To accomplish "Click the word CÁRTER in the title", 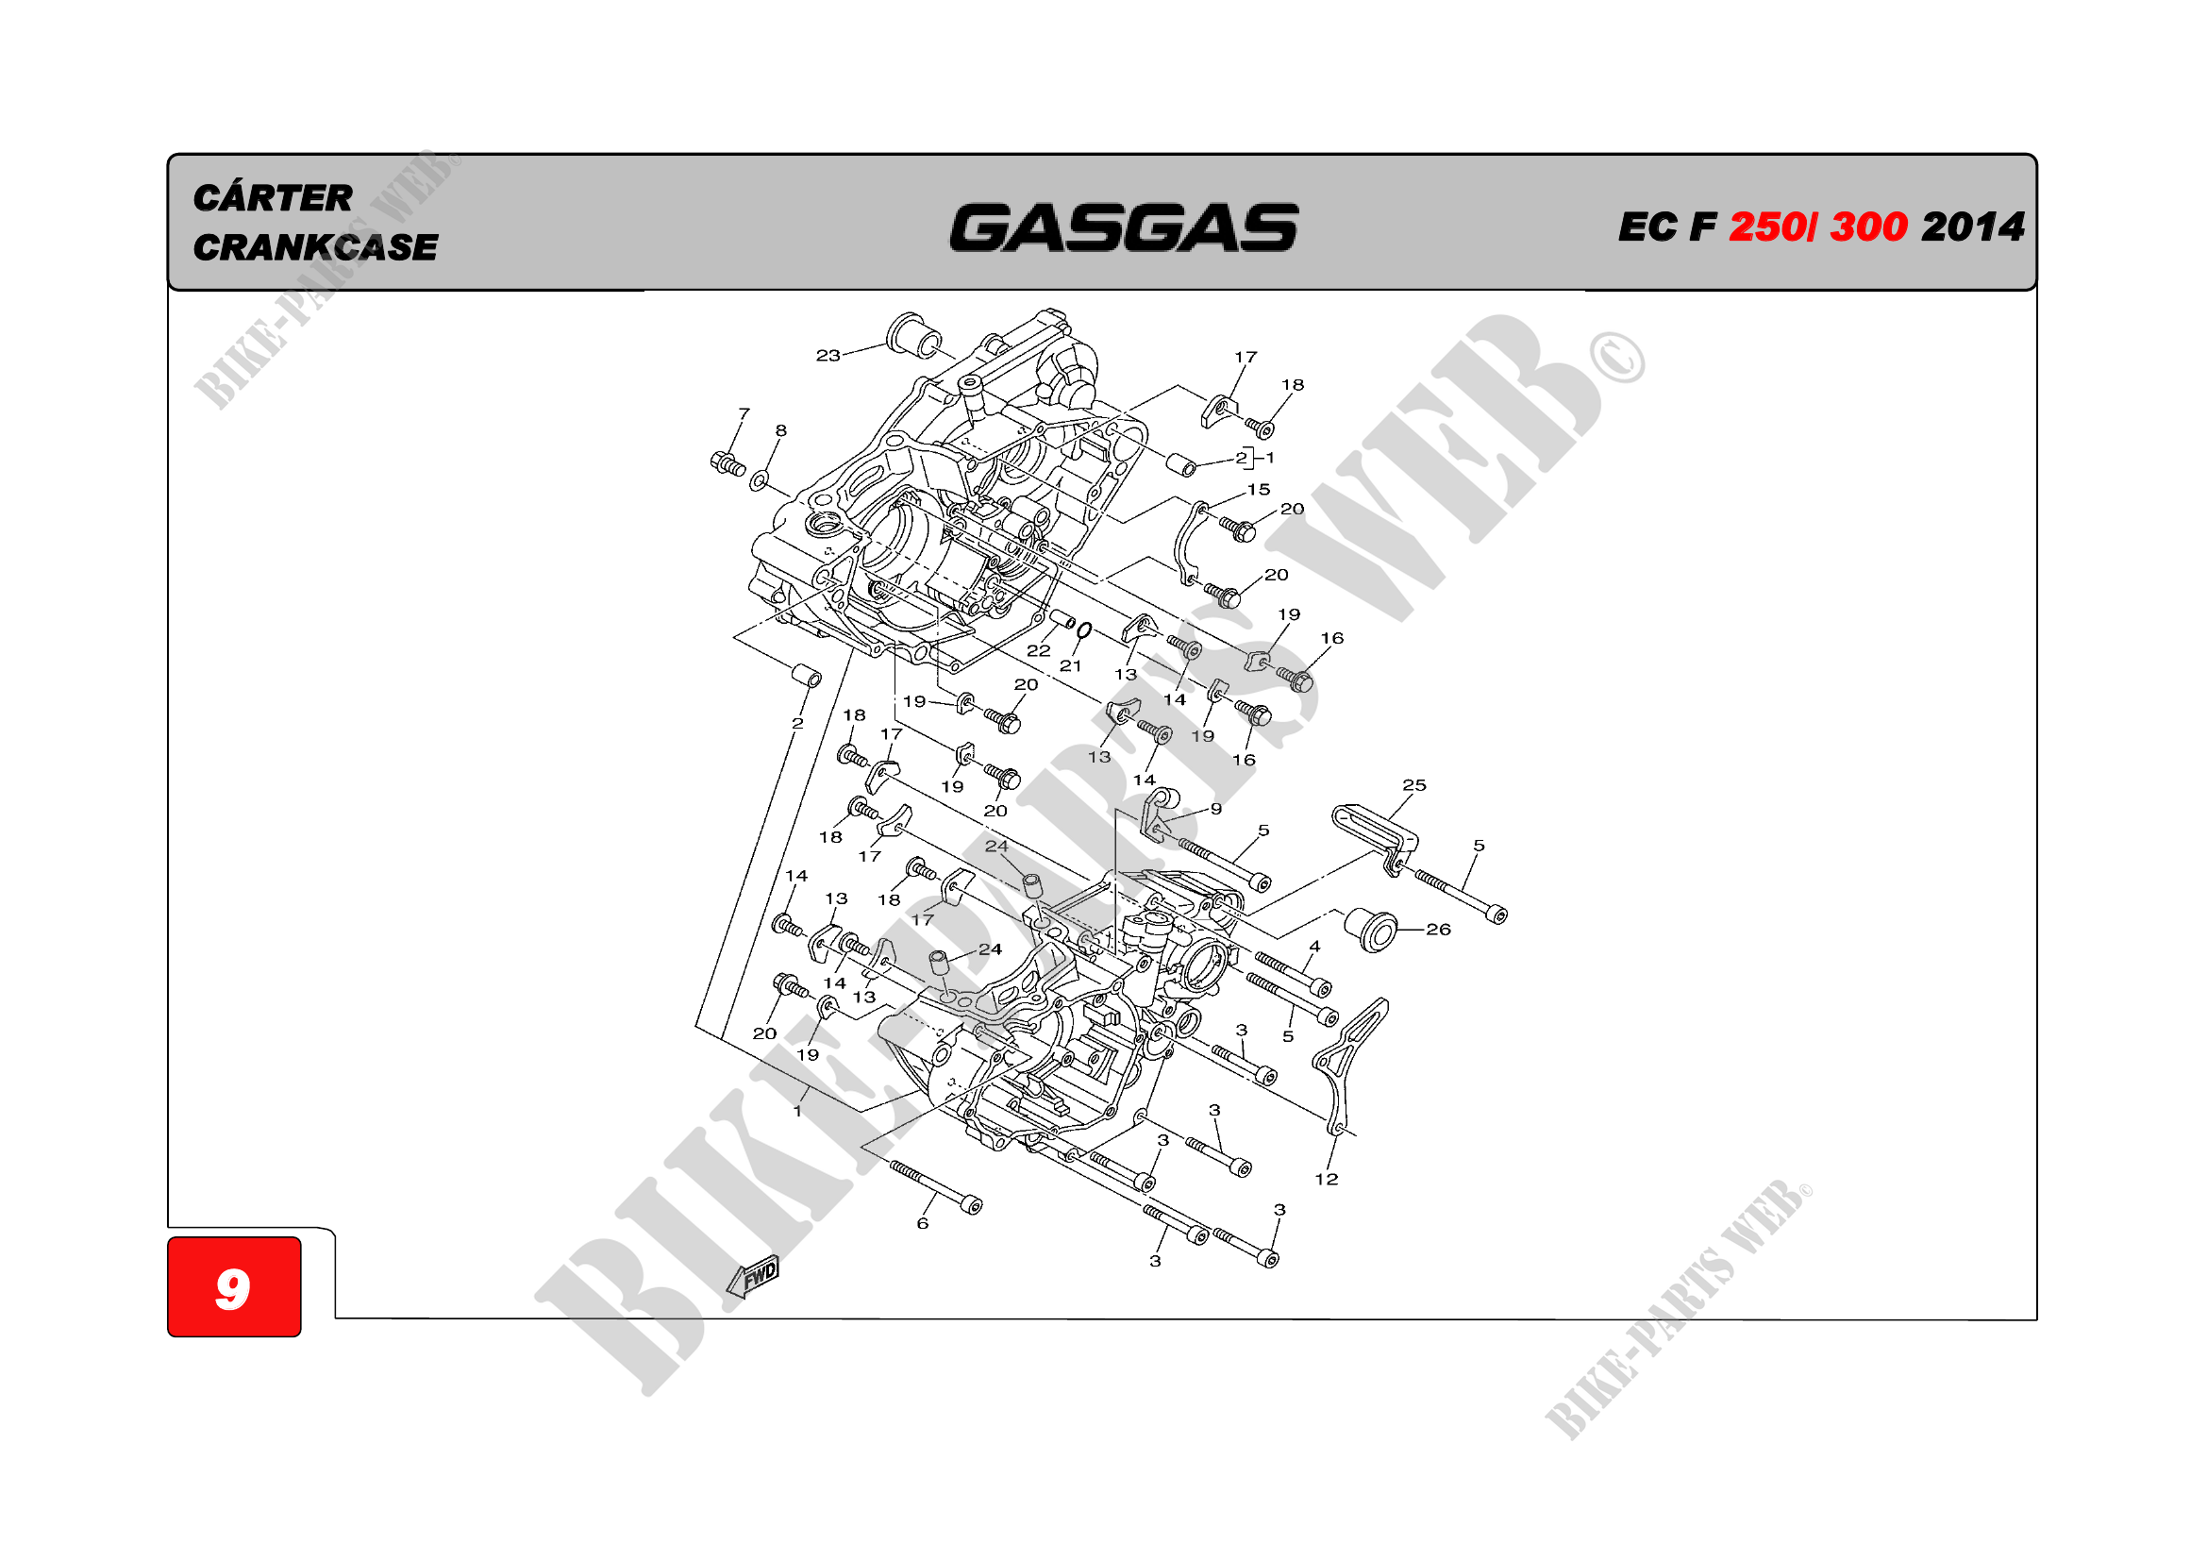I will (x=273, y=199).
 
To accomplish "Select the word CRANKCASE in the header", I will (x=315, y=248).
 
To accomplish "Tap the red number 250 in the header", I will (x=1766, y=227).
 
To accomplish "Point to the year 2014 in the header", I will (x=1972, y=227).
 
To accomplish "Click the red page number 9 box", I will (x=234, y=1286).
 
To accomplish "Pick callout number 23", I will (x=828, y=356).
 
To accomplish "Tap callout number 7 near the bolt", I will (x=743, y=413).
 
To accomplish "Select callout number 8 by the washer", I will (x=780, y=431).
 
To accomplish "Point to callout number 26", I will (x=1438, y=930).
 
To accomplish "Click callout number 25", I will (x=1414, y=785).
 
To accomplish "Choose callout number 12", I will (x=1327, y=1180).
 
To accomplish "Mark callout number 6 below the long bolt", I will (x=923, y=1224).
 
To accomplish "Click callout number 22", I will (x=1038, y=651).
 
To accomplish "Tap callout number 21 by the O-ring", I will (x=1071, y=665).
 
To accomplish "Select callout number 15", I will (x=1259, y=489).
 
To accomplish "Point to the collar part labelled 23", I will (x=914, y=334).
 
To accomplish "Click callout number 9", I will (x=1216, y=810).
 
